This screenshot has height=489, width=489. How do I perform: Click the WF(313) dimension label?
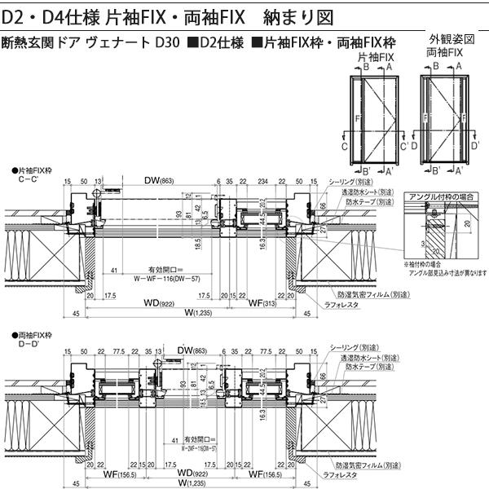[261, 303]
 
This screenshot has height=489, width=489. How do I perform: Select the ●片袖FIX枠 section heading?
[33, 170]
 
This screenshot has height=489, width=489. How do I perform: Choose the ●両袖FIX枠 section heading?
[33, 335]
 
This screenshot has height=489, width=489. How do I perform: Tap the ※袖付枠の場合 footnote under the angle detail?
[425, 264]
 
